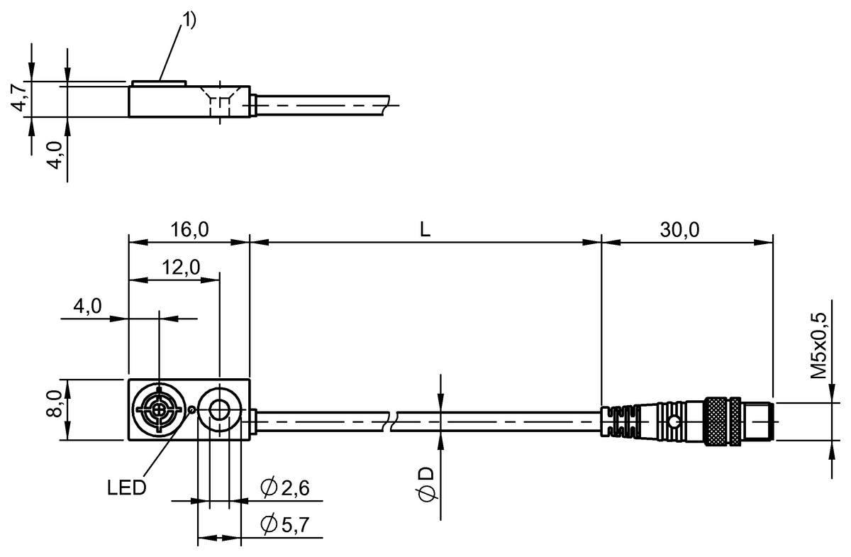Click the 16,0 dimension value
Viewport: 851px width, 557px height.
click(x=189, y=230)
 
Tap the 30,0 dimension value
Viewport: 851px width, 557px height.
click(x=680, y=230)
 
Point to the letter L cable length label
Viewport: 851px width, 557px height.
click(x=425, y=230)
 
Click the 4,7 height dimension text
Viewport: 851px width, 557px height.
click(x=21, y=98)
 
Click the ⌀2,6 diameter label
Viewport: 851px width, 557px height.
click(x=285, y=488)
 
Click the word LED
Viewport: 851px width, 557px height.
click(x=127, y=488)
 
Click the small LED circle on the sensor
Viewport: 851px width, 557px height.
click(x=192, y=408)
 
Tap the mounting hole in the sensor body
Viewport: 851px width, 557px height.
click(x=219, y=409)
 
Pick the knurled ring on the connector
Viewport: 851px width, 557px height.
click(x=721, y=421)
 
